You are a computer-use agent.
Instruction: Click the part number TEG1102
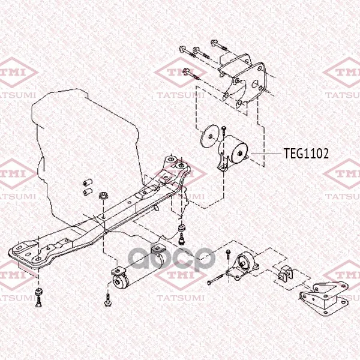point(306,154)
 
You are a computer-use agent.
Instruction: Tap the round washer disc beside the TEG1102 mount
point(209,136)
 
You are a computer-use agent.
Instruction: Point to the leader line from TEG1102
point(266,154)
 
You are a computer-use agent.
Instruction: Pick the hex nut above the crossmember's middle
point(103,196)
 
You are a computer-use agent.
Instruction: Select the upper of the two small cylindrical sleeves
point(88,182)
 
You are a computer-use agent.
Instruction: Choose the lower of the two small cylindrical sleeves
point(88,191)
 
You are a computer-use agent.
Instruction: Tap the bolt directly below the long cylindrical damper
point(107,300)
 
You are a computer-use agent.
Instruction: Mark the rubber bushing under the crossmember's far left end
point(39,293)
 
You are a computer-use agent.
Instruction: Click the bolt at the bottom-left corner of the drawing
point(38,302)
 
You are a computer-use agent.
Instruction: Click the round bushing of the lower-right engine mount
point(244,261)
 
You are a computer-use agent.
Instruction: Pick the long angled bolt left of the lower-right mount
point(215,280)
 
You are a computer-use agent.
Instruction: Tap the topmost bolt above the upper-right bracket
point(219,45)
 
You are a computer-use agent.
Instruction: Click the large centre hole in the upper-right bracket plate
point(256,83)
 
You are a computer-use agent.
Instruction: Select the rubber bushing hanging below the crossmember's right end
point(182,229)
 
